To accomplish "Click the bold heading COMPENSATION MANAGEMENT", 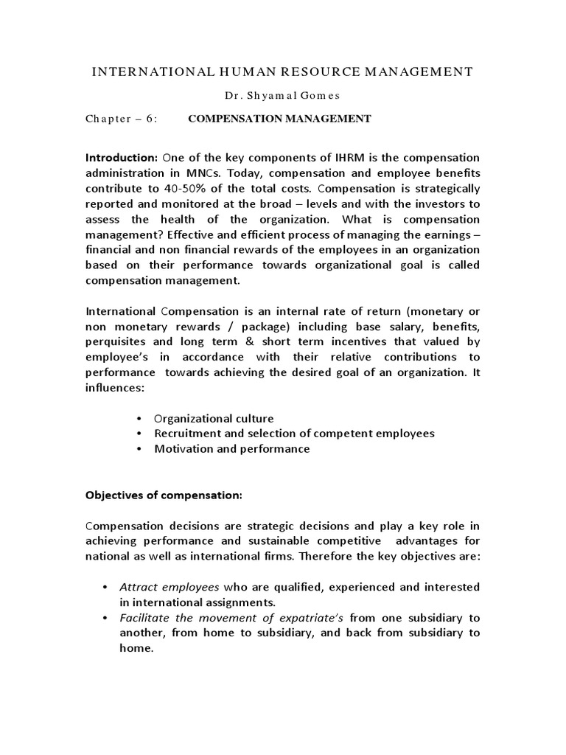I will click(x=280, y=119).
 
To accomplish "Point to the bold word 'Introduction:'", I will click(x=122, y=158).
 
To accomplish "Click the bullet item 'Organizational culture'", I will click(x=214, y=417).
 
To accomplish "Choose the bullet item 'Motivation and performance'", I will click(x=231, y=448).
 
